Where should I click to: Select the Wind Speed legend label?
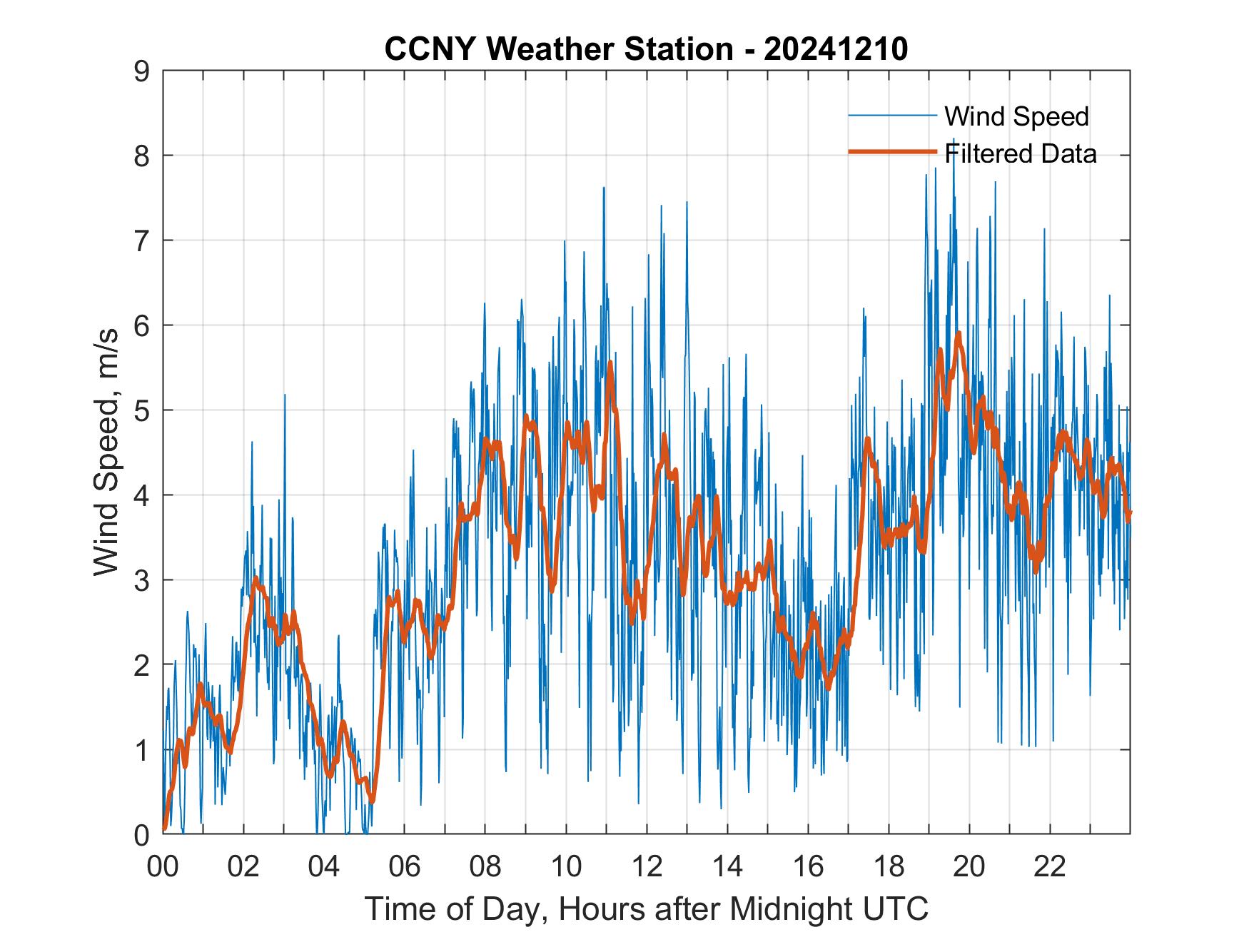[1016, 116]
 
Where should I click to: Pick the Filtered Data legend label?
[1021, 153]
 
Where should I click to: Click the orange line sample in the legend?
[892, 152]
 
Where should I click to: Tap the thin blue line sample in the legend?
[892, 116]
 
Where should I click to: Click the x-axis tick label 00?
[163, 867]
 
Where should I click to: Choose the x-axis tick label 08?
[485, 867]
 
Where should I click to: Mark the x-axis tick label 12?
[647, 867]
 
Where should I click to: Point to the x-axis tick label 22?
[1050, 867]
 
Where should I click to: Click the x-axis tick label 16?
[808, 867]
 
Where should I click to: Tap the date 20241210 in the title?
[836, 49]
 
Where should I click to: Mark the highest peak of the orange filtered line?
[959, 333]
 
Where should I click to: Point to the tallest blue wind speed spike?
[954, 139]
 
